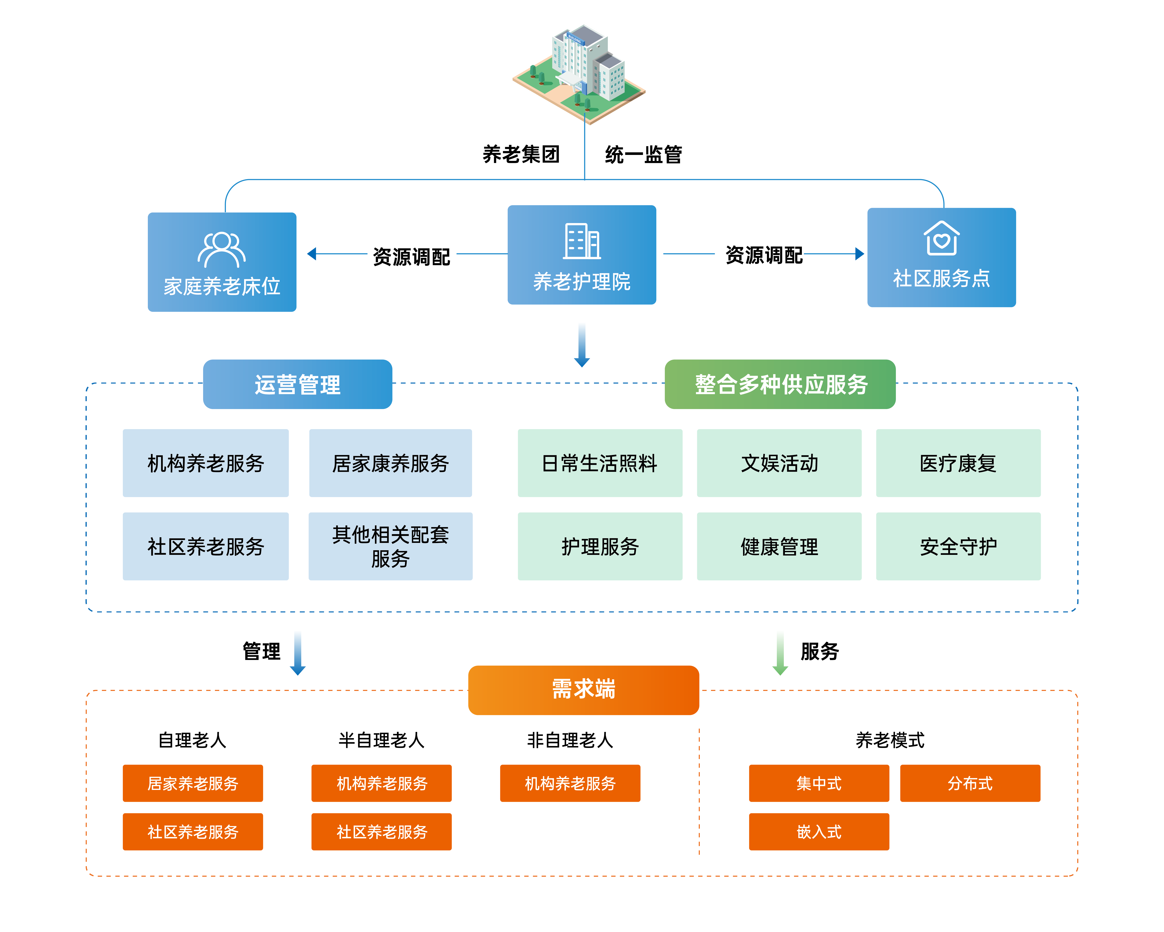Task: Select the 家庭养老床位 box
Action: pyautogui.click(x=222, y=262)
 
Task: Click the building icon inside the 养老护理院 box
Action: pyautogui.click(x=581, y=241)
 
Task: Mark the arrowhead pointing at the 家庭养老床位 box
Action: pyautogui.click(x=312, y=254)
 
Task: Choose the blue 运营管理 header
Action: pyautogui.click(x=298, y=384)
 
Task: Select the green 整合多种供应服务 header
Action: pyautogui.click(x=780, y=384)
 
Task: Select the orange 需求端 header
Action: pyautogui.click(x=584, y=689)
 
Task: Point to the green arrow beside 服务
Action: pyautogui.click(x=780, y=654)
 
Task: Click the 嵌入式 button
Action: pyautogui.click(x=818, y=832)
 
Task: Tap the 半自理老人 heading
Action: pyautogui.click(x=381, y=740)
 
